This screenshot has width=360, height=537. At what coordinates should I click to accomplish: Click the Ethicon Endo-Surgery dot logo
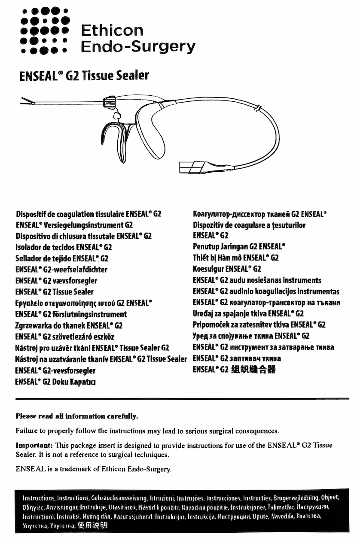coord(44,30)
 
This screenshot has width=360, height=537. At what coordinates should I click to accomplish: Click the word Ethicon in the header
coord(112,30)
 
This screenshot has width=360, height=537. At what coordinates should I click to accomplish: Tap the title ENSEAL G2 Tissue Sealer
coord(84,76)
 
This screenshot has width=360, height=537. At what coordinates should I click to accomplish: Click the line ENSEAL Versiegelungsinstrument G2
coord(74,225)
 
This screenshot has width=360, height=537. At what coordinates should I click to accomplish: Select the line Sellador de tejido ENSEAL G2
coord(62,258)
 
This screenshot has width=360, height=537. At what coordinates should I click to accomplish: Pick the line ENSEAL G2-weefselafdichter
coord(61,270)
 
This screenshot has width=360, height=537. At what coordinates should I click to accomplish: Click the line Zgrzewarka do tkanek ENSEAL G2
coord(69,325)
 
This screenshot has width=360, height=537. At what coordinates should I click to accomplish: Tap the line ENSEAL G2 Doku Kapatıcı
coord(55,382)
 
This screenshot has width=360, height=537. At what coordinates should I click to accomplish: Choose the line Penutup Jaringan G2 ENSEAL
coord(239,247)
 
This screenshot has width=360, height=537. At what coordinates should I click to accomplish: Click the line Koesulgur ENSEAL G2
coord(227,269)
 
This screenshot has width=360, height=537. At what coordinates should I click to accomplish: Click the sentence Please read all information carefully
coord(76,416)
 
